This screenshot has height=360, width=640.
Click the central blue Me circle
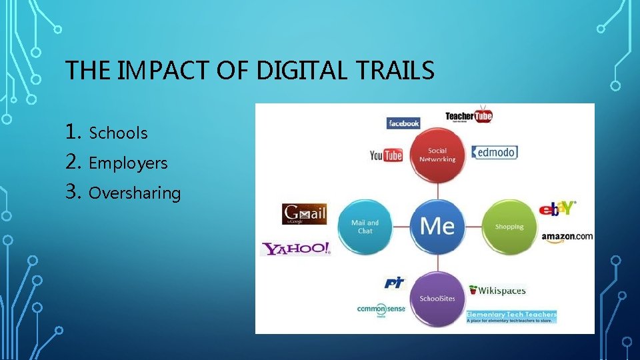(437, 226)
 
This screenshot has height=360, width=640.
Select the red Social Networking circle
(437, 155)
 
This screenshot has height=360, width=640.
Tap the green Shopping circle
(509, 227)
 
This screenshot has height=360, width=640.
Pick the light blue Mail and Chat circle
(365, 227)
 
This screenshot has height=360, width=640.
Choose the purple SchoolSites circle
(437, 298)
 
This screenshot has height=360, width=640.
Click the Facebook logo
(403, 123)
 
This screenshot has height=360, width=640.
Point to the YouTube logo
(386, 155)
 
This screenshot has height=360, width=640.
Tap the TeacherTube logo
(469, 117)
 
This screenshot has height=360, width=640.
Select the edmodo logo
(495, 152)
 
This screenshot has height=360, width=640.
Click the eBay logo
(558, 209)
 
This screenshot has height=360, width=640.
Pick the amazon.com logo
(567, 237)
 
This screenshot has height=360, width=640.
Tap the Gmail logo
(304, 214)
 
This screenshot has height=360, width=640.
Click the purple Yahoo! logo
(295, 249)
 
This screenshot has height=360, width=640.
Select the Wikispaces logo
(497, 290)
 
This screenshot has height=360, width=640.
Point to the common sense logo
(381, 309)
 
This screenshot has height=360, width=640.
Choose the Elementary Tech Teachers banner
(511, 316)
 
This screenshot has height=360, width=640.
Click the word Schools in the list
(118, 133)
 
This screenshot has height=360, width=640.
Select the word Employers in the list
(128, 163)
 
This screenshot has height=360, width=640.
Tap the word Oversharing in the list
(135, 193)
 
